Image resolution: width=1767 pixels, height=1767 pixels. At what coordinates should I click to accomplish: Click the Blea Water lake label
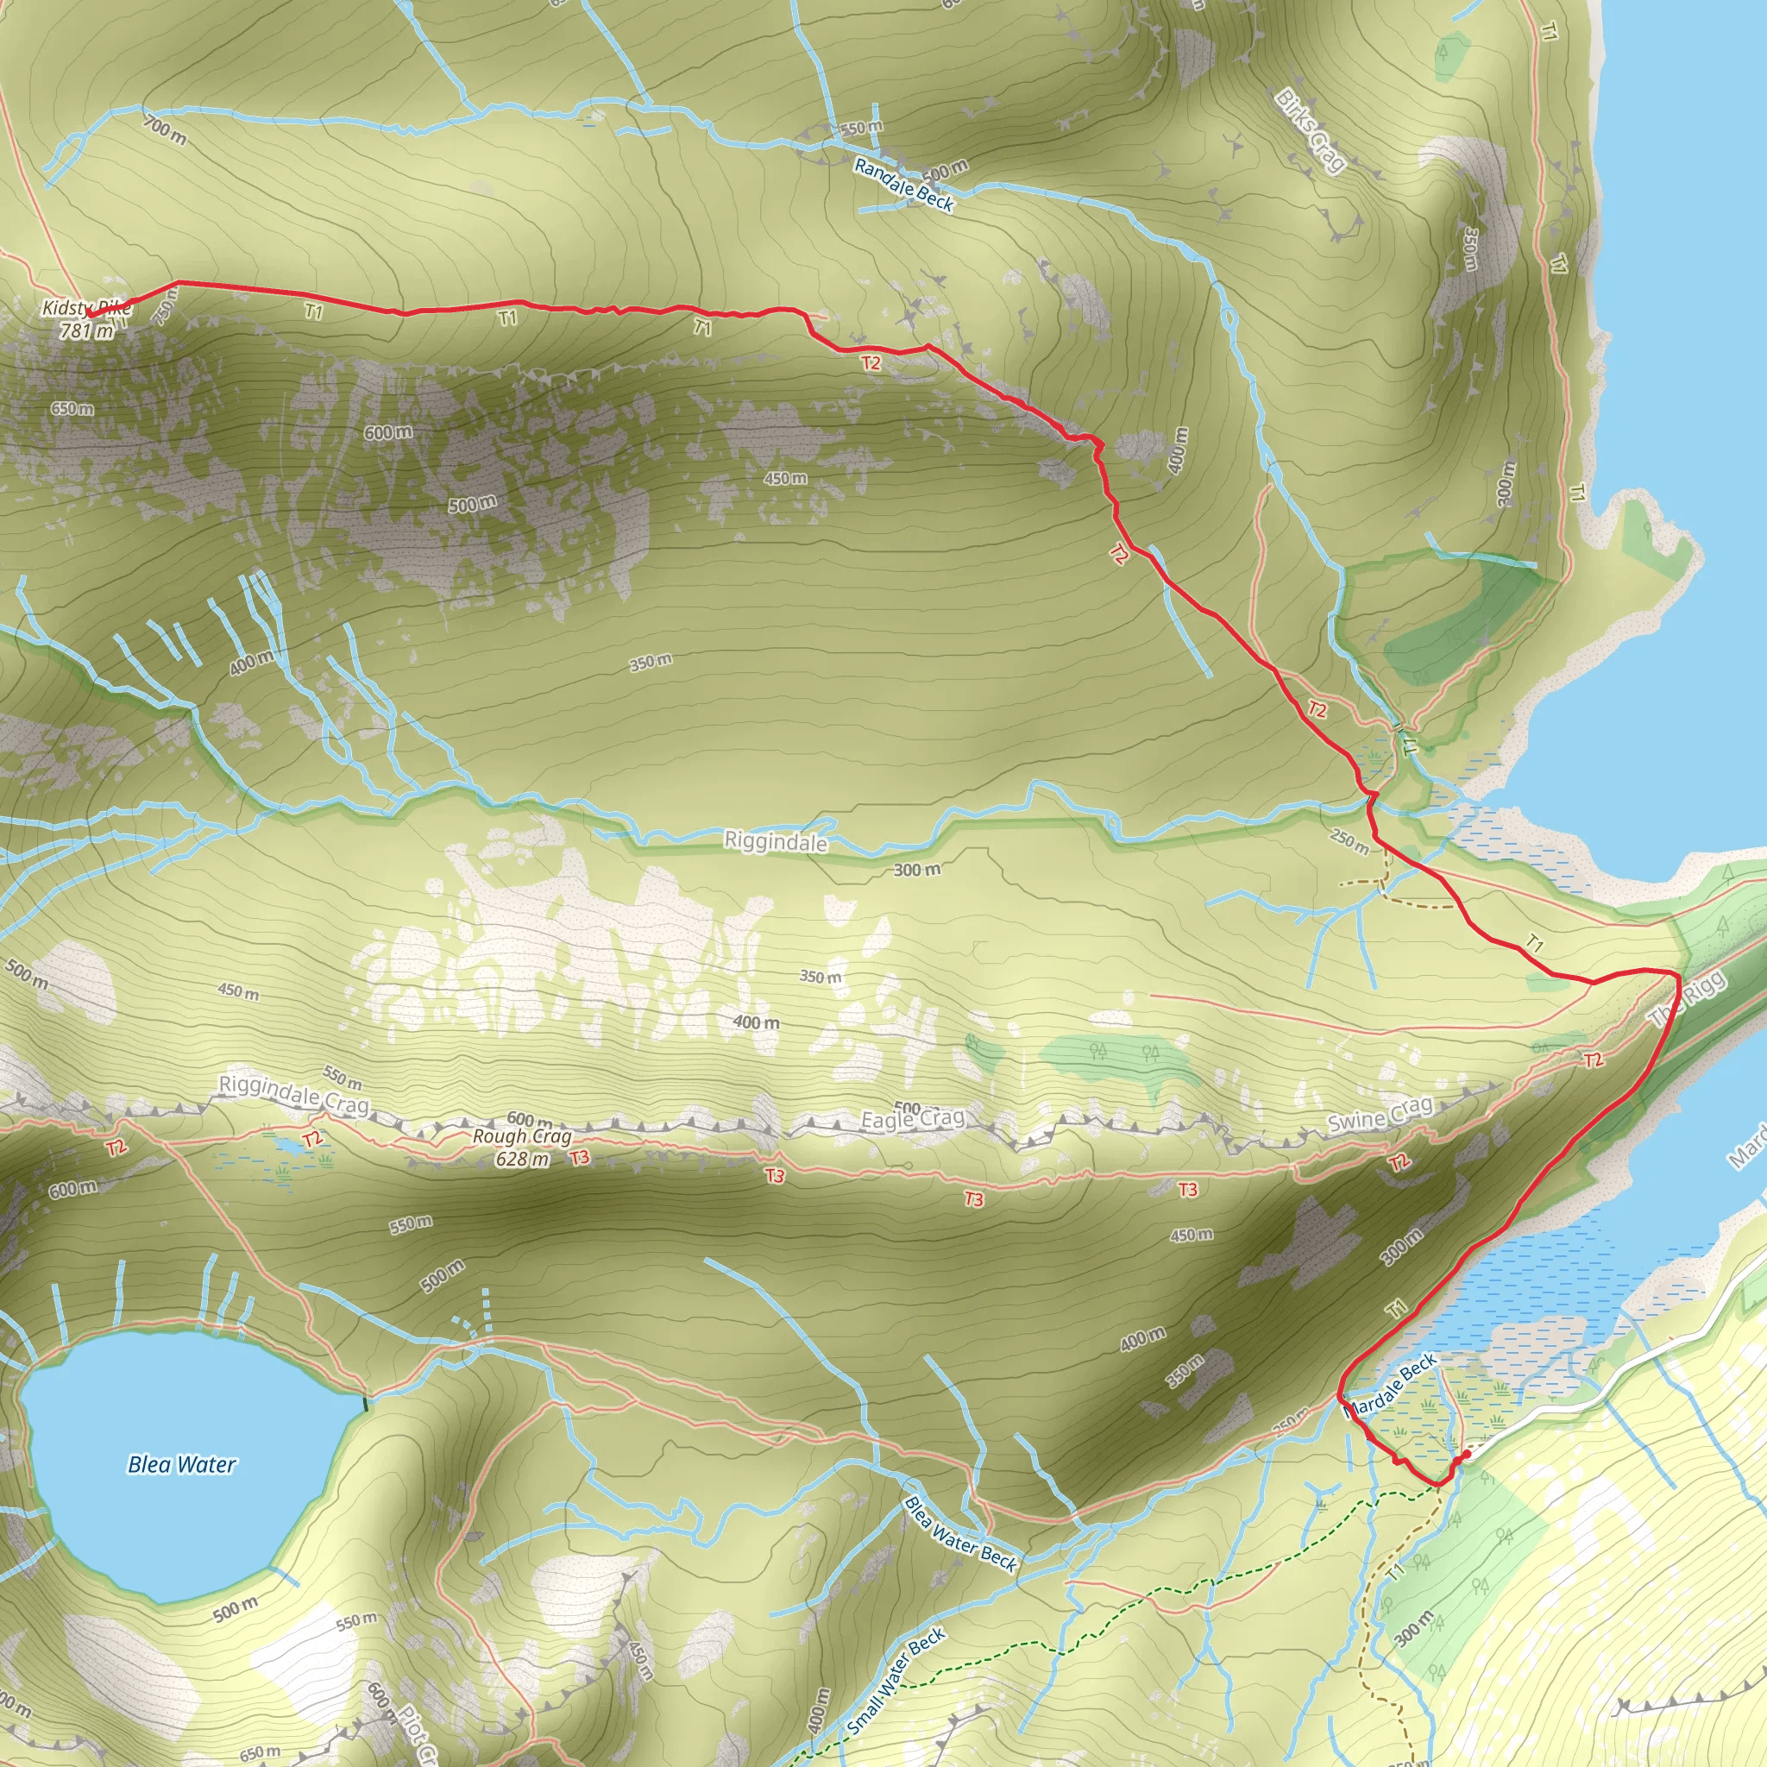(x=182, y=1464)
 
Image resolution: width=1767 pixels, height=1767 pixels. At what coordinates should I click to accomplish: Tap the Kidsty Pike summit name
(x=87, y=309)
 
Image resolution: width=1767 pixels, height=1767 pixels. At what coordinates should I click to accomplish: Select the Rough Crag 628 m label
(x=522, y=1147)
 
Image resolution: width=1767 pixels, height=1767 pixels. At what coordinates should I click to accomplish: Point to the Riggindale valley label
(x=776, y=840)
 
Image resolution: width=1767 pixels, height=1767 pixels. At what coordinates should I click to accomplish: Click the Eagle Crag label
(x=913, y=1118)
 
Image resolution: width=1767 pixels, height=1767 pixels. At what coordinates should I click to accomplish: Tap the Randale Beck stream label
(x=903, y=185)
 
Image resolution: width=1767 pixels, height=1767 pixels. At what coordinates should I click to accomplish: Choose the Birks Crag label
(x=1311, y=131)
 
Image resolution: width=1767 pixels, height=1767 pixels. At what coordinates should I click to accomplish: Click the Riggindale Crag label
(x=293, y=1095)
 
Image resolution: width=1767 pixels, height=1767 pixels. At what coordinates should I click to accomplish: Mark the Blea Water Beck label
(x=960, y=1534)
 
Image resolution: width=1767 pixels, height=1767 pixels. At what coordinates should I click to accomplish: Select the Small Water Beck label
(x=896, y=1681)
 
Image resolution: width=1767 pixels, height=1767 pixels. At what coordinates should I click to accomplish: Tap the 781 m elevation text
(x=87, y=331)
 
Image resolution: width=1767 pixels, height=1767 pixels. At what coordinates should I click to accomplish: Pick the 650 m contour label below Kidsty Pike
(x=72, y=409)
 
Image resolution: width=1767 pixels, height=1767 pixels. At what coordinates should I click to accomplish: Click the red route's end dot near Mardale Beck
(x=1466, y=1453)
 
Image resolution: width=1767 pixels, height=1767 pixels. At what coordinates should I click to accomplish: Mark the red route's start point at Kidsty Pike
(x=90, y=314)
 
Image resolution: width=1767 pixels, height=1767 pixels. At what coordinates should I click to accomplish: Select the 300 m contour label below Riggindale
(x=916, y=869)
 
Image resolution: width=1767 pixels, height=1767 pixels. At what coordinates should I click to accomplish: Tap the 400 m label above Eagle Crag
(x=757, y=1022)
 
